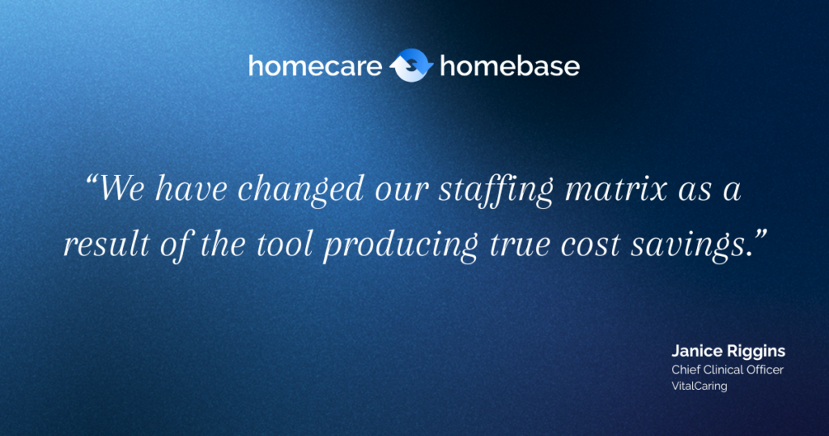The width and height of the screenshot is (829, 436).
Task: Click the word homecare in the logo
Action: [315, 66]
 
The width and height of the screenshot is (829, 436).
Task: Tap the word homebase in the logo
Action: [509, 66]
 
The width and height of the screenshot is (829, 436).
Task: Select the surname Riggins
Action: [755, 353]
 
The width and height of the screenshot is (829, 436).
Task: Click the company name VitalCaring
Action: [699, 386]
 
